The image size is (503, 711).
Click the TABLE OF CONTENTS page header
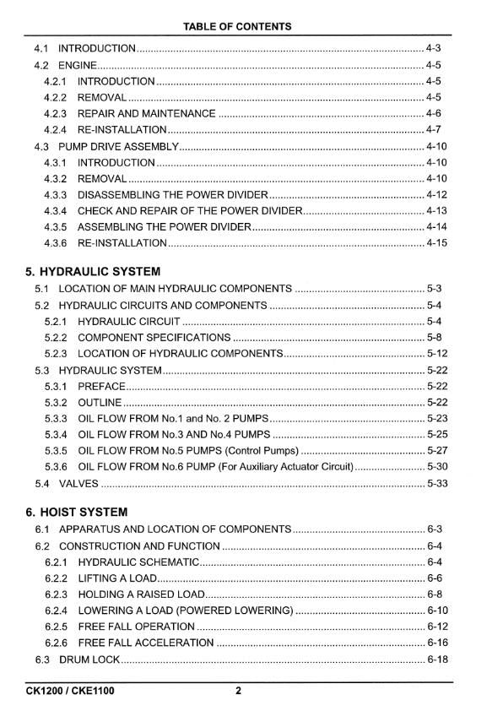[x=237, y=26]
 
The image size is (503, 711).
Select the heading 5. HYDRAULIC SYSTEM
[x=93, y=272]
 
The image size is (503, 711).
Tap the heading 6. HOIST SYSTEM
[x=77, y=512]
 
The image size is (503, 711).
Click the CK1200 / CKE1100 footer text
[x=70, y=691]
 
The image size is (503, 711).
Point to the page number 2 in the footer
[x=238, y=691]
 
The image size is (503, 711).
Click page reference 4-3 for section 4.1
[x=435, y=48]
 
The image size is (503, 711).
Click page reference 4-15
[x=436, y=243]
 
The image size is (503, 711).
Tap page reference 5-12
[x=436, y=354]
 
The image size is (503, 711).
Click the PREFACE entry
[x=101, y=386]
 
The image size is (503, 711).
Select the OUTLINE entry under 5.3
[x=100, y=402]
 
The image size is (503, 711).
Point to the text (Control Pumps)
[x=256, y=451]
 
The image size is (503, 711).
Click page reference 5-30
[x=436, y=467]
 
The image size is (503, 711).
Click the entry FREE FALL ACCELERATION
[x=146, y=643]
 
